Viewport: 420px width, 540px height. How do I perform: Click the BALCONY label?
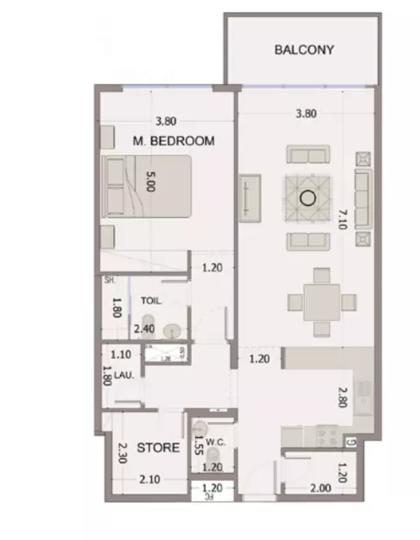tap(303, 50)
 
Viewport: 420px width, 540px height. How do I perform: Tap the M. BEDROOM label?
tap(173, 140)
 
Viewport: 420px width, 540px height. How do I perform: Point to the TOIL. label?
tap(151, 302)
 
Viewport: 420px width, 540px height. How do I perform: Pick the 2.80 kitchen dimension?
tap(343, 396)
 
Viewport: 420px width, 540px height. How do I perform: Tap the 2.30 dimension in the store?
tap(123, 454)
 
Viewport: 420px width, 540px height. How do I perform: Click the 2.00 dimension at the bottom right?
tap(320, 488)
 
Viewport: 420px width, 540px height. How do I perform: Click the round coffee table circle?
tap(305, 197)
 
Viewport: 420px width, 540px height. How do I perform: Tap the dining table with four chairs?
tap(321, 301)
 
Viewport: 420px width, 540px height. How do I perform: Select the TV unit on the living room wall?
tap(249, 198)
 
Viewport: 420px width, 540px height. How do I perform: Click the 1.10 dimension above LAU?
tap(120, 354)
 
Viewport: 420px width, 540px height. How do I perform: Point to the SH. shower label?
tap(110, 281)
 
